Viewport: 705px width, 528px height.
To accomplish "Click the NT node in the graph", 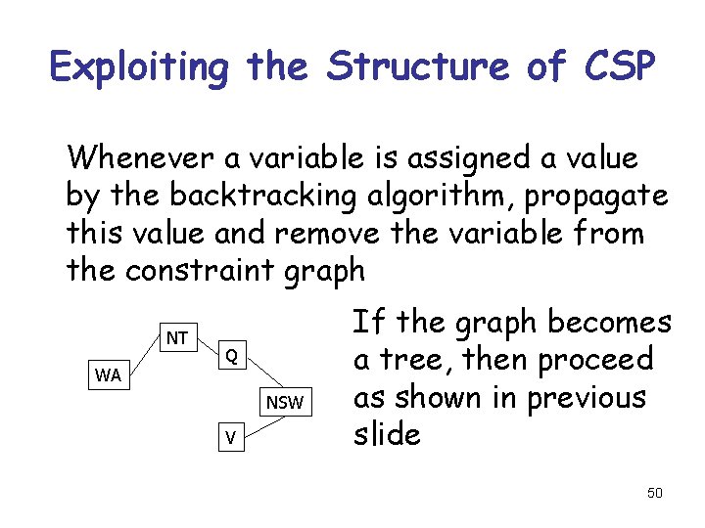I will [x=177, y=338].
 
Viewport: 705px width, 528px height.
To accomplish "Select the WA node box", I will [x=108, y=375].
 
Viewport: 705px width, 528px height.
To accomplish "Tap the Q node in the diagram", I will [x=229, y=355].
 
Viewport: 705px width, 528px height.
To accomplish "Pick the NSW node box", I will [x=285, y=402].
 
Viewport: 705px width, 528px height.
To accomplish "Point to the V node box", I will [x=229, y=438].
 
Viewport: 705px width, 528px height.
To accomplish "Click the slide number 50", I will [x=654, y=493].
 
